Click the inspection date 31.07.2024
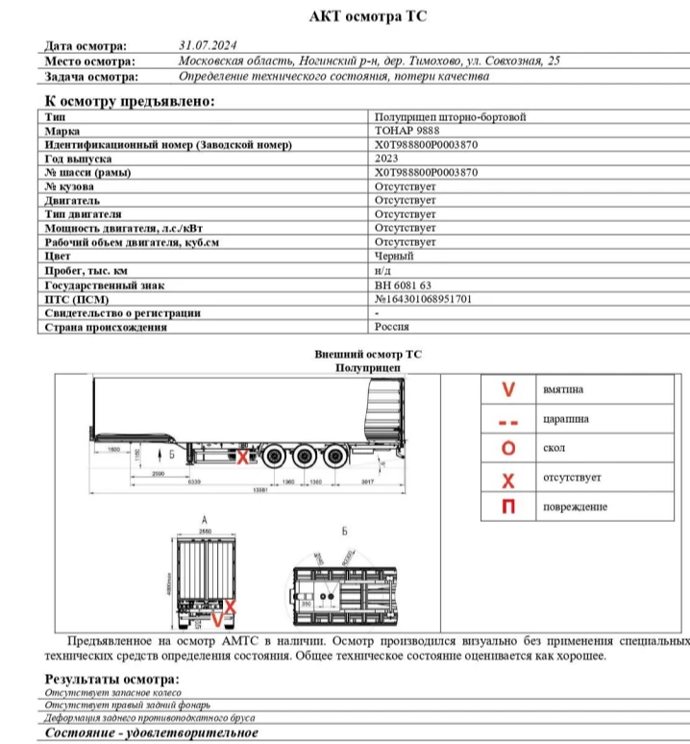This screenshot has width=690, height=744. tap(208, 45)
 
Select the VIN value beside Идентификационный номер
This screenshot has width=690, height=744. tap(426, 144)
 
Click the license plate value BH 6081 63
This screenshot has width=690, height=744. tap(403, 285)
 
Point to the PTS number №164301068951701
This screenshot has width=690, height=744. tap(423, 299)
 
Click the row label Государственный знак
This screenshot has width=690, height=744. tap(104, 285)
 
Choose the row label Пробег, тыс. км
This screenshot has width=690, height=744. tap(86, 271)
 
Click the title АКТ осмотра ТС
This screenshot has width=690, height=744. tap(367, 16)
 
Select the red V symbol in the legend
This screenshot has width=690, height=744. tap(509, 390)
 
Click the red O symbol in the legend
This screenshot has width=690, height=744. tap(509, 449)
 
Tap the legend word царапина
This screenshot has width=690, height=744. tap(566, 419)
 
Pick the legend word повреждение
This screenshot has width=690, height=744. tap(576, 507)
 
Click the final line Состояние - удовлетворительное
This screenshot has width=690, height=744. tap(152, 732)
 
